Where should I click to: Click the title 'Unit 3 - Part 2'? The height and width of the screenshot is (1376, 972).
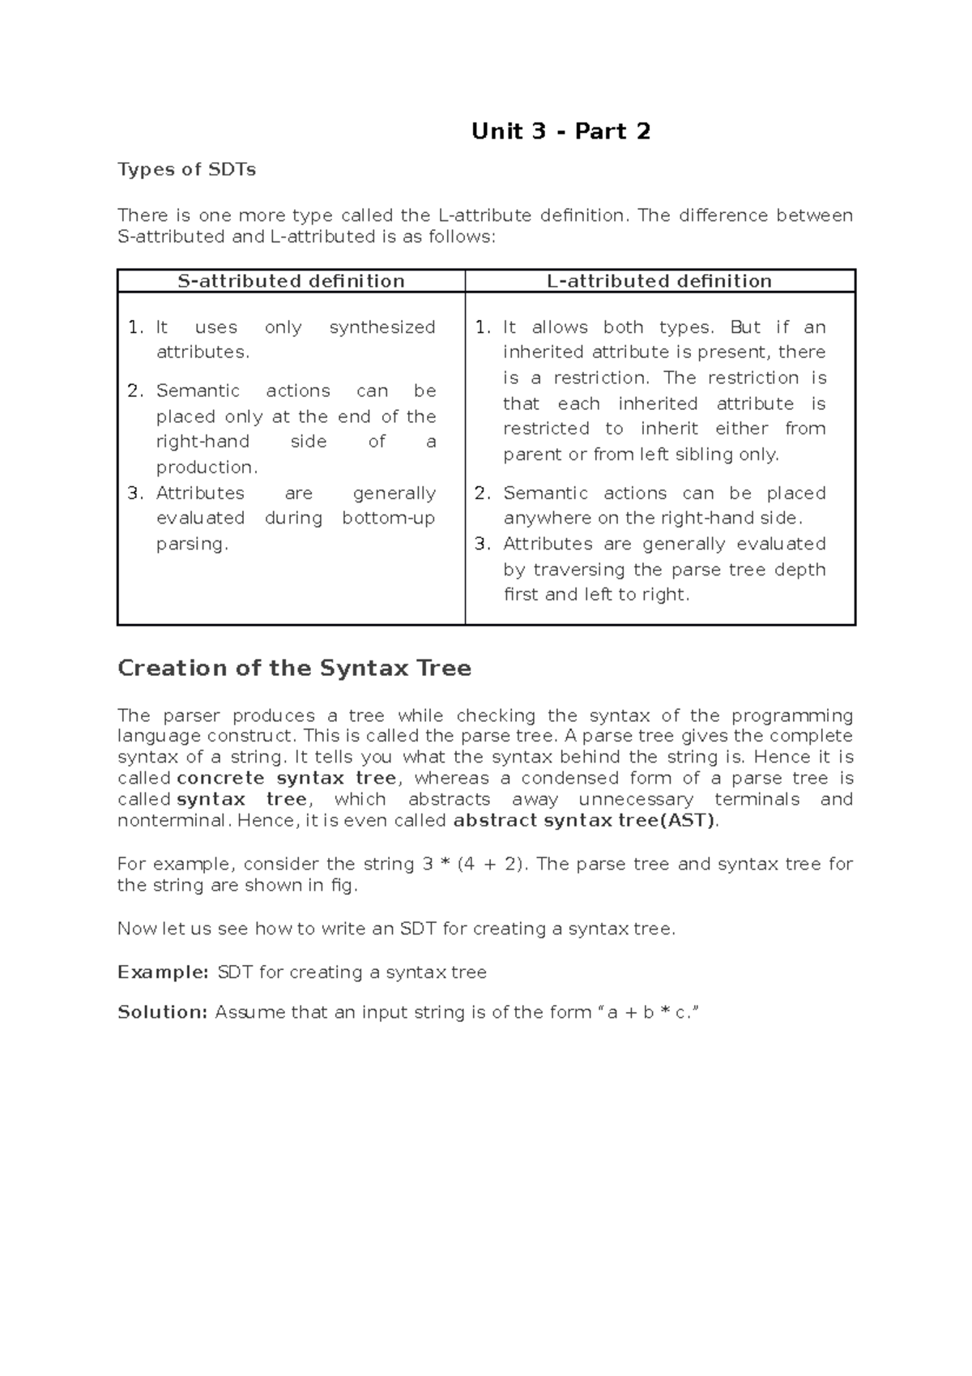pos(561,131)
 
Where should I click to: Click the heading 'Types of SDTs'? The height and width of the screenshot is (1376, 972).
pos(186,169)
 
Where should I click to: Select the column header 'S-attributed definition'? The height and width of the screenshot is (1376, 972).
pos(291,281)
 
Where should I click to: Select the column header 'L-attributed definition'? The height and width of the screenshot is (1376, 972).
pos(659,281)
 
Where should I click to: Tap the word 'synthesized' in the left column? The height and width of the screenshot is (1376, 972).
pos(382,327)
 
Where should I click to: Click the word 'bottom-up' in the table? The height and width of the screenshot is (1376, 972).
pos(388,518)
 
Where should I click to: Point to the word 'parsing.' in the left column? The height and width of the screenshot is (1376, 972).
pos(192,544)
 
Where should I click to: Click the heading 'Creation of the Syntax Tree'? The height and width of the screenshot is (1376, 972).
pos(294,669)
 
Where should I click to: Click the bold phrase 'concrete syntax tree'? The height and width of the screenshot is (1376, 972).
pos(287,779)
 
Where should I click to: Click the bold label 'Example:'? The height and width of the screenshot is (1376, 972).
pos(163,972)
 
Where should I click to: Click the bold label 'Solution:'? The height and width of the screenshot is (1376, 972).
pos(163,1012)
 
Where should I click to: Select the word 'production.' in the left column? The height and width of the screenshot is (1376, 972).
pos(207,468)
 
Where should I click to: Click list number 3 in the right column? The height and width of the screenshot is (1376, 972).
pos(483,544)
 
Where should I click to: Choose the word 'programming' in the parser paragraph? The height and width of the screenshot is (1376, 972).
pos(792,716)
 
